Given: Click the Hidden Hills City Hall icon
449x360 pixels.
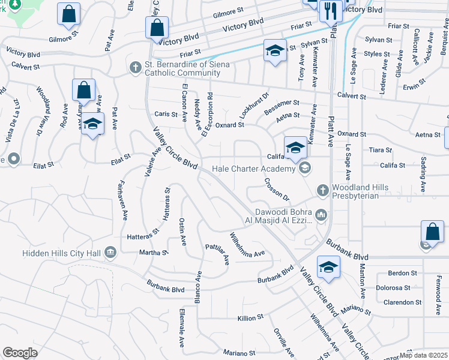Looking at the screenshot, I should pyautogui.click(x=110, y=253).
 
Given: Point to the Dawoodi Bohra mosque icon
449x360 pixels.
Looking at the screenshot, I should pyautogui.click(x=322, y=214).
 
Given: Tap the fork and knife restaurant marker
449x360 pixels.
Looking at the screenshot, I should pyautogui.click(x=331, y=11).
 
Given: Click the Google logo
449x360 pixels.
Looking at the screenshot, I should pyautogui.click(x=20, y=353).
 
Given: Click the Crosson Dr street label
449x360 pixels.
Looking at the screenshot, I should pyautogui.click(x=277, y=190).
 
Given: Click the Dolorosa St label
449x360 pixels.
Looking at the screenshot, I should pyautogui.click(x=397, y=287).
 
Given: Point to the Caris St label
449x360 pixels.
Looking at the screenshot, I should pyautogui.click(x=163, y=113).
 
